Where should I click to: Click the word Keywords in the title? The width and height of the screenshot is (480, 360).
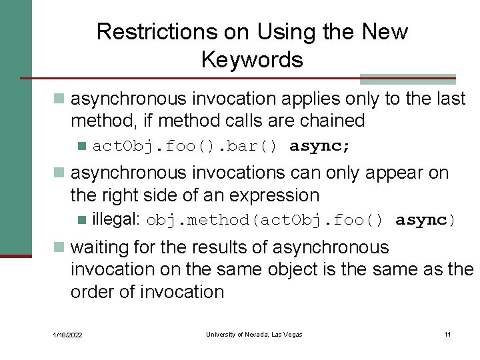point(252,60)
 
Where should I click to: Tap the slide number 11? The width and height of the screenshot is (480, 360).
point(447,334)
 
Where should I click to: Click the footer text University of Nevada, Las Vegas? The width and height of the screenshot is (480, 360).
point(254,334)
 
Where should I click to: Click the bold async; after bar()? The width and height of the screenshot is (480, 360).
point(320,146)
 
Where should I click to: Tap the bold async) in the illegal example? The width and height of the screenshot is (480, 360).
point(425,220)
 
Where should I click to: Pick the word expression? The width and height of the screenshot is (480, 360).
point(274,195)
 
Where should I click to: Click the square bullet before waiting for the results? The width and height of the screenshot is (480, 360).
point(59,248)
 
